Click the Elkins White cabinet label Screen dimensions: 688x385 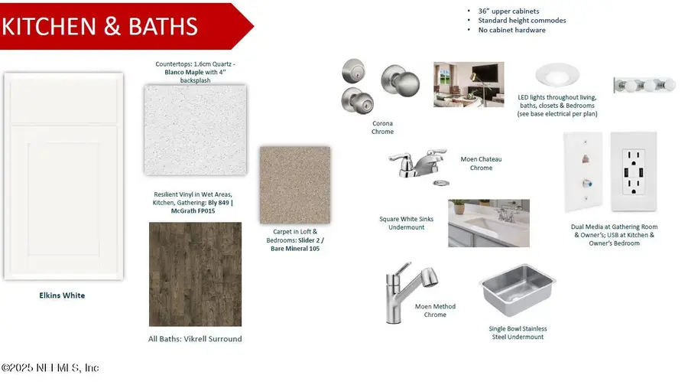[x=62, y=295]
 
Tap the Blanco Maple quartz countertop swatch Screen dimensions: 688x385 [x=195, y=130]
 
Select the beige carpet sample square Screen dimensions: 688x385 [x=295, y=185]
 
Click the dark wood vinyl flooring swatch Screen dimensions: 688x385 [x=195, y=274]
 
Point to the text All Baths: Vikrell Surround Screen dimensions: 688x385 [x=195, y=339]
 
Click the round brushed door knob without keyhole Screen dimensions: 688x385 [x=400, y=80]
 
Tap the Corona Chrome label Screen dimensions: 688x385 [x=383, y=128]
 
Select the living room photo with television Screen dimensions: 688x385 [x=469, y=84]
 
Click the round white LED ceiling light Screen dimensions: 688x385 [x=557, y=75]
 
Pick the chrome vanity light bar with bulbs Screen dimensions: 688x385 [x=644, y=85]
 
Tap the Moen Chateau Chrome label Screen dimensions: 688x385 [x=481, y=164]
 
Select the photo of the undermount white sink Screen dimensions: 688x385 [x=488, y=223]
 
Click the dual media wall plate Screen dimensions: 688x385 [x=583, y=172]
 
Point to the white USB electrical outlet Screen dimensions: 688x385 [x=634, y=171]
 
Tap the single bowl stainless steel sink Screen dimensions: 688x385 [x=518, y=290]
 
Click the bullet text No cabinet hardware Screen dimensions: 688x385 [x=511, y=30]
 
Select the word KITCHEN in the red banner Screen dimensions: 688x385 [x=49, y=26]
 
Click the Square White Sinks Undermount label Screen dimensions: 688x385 [x=407, y=223]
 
